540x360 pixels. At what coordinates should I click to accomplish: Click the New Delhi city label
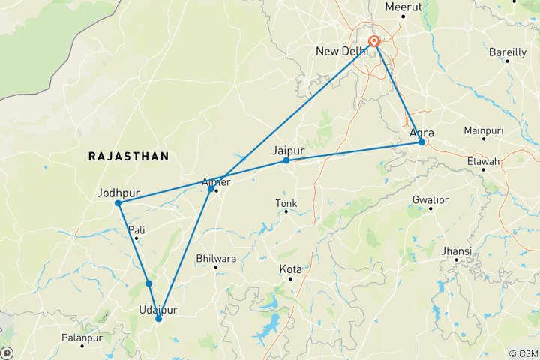click(x=341, y=51)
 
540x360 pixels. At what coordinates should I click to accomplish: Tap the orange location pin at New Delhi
click(x=376, y=43)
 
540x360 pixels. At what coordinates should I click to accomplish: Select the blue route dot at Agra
click(x=422, y=142)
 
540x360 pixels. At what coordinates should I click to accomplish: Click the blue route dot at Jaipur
click(x=286, y=160)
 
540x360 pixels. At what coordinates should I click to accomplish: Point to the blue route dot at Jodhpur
click(x=118, y=203)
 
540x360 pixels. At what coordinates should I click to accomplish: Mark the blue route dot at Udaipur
click(x=158, y=319)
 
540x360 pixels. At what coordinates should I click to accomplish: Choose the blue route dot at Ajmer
click(x=211, y=188)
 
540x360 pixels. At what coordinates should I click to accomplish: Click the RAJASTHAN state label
click(x=128, y=156)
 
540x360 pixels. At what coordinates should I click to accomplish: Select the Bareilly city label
click(x=507, y=52)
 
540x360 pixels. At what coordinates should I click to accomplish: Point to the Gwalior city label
click(x=430, y=200)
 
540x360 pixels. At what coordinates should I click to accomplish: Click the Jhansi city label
click(x=457, y=250)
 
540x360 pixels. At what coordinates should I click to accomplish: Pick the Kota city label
click(x=290, y=268)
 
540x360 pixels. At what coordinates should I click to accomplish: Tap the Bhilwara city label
click(x=216, y=258)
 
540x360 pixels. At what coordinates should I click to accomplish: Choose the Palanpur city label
click(x=61, y=337)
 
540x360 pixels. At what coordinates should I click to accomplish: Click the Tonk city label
click(x=286, y=203)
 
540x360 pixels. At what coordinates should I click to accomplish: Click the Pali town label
click(x=136, y=229)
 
